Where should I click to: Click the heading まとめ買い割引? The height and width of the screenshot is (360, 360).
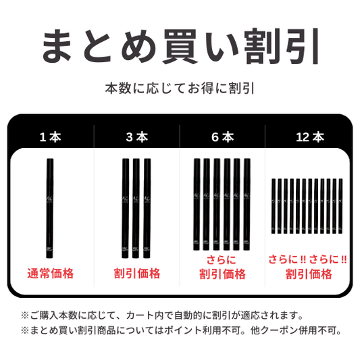[x=180, y=46]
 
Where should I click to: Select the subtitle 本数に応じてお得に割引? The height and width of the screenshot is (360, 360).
[x=180, y=88]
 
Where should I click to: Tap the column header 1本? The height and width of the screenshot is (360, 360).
[x=50, y=137]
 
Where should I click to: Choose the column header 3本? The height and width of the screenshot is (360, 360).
[x=137, y=137]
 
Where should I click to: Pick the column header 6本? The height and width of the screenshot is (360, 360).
[x=222, y=137]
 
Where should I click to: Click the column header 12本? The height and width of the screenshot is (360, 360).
[x=310, y=137]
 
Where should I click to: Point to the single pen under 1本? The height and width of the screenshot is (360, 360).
[x=50, y=208]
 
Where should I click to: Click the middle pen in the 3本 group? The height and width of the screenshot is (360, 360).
[x=136, y=208]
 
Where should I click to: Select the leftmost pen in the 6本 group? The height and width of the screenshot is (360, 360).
[x=197, y=204]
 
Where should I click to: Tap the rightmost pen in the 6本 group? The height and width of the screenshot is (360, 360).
[x=247, y=204]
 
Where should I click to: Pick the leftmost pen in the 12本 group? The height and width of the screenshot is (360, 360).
[x=274, y=206]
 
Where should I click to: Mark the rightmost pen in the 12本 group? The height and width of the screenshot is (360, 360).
[x=340, y=206]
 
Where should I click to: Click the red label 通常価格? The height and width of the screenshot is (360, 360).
[x=51, y=274]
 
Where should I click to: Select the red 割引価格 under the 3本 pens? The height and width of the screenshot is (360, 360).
[x=137, y=274]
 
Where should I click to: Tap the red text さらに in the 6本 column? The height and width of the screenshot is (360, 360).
[x=221, y=260]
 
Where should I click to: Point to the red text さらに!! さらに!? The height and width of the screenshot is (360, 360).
[x=307, y=259]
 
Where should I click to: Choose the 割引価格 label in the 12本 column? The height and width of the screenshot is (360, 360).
[x=309, y=274]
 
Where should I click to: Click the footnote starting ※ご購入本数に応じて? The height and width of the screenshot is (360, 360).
[x=162, y=315]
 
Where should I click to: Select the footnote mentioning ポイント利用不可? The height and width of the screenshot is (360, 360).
[x=181, y=330]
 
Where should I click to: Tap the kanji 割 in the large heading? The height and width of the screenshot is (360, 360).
[x=261, y=46]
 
